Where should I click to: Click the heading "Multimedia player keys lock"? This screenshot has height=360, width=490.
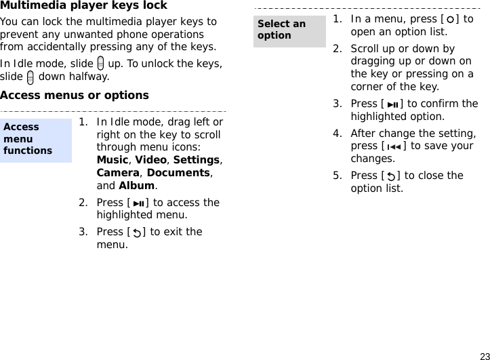(83, 6)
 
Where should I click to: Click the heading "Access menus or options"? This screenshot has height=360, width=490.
(75, 95)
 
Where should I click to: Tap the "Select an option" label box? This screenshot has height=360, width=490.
(289, 30)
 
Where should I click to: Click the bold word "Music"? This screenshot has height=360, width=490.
(113, 160)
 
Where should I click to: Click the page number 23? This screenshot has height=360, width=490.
(484, 355)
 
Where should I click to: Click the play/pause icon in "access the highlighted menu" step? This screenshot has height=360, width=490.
(139, 203)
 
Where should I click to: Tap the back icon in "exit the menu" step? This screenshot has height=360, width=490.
(138, 233)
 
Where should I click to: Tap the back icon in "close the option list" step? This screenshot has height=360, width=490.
(392, 176)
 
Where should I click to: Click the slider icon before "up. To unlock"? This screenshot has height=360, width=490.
(100, 64)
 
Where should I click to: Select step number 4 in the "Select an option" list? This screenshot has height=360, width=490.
(337, 134)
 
